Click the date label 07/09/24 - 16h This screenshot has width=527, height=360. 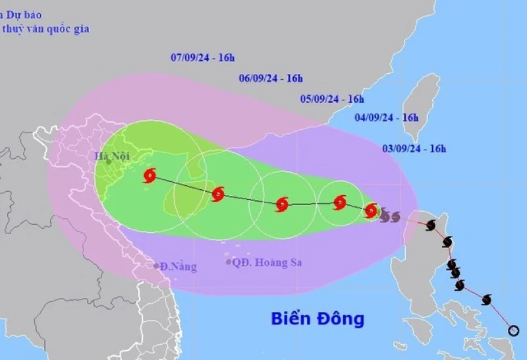(x=202, y=57)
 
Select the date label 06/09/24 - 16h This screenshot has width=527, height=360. (x=271, y=78)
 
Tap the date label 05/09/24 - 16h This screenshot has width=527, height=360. (x=332, y=99)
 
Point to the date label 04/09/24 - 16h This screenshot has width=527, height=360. (x=387, y=117)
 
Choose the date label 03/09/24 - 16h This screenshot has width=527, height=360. (x=414, y=148)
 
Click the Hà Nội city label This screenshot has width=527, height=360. (x=111, y=156)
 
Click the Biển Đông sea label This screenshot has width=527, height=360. (x=318, y=319)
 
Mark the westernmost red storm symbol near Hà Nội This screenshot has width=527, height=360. (x=150, y=175)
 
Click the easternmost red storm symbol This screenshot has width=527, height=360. (x=371, y=211)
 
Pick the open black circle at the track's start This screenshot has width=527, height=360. (x=514, y=330)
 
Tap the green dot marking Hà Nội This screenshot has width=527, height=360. (x=109, y=162)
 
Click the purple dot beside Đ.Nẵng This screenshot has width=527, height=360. (x=156, y=266)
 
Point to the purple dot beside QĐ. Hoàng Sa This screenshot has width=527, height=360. (x=229, y=262)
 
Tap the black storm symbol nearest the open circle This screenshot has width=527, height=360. (x=487, y=300)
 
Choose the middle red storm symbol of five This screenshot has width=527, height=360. (x=282, y=204)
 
